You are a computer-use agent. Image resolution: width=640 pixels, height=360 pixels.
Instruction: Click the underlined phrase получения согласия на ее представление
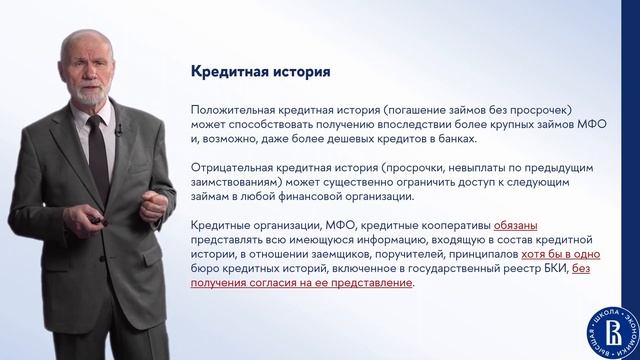pyautogui.click(x=301, y=283)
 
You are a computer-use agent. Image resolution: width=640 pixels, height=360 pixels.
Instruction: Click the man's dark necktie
pyautogui.click(x=98, y=159)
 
